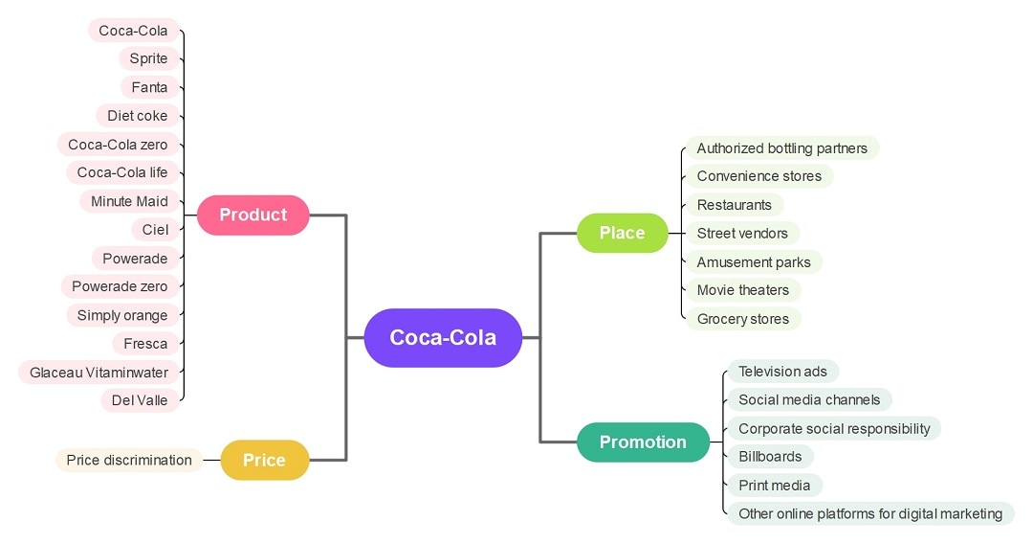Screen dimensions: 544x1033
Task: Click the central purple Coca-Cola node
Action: pyautogui.click(x=443, y=337)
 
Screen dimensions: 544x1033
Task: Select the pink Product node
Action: pyautogui.click(x=253, y=215)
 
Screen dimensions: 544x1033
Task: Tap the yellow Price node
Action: pyautogui.click(x=264, y=461)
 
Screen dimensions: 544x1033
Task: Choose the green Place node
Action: pyautogui.click(x=622, y=233)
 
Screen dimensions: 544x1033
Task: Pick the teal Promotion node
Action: pyautogui.click(x=643, y=442)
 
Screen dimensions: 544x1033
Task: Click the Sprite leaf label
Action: pyautogui.click(x=148, y=58)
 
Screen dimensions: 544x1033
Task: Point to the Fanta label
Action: pyautogui.click(x=149, y=87)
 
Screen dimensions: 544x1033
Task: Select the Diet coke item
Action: pyautogui.click(x=137, y=116)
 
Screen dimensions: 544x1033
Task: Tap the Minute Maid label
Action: pyautogui.click(x=129, y=201)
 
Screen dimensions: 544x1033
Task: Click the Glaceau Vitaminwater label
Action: pyautogui.click(x=99, y=373)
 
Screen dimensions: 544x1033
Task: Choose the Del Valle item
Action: pyautogui.click(x=140, y=400)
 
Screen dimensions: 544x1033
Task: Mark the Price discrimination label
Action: pyautogui.click(x=129, y=461)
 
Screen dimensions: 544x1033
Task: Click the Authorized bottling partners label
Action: pyautogui.click(x=781, y=148)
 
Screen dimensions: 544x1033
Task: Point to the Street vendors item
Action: pyautogui.click(x=742, y=234)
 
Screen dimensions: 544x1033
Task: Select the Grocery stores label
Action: pyautogui.click(x=742, y=319)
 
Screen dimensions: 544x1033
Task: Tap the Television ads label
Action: pyautogui.click(x=782, y=372)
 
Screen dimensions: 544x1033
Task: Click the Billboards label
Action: pyautogui.click(x=770, y=457)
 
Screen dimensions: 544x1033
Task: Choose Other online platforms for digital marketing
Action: pyautogui.click(x=869, y=513)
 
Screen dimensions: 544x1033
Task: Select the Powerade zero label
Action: pyautogui.click(x=120, y=286)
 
